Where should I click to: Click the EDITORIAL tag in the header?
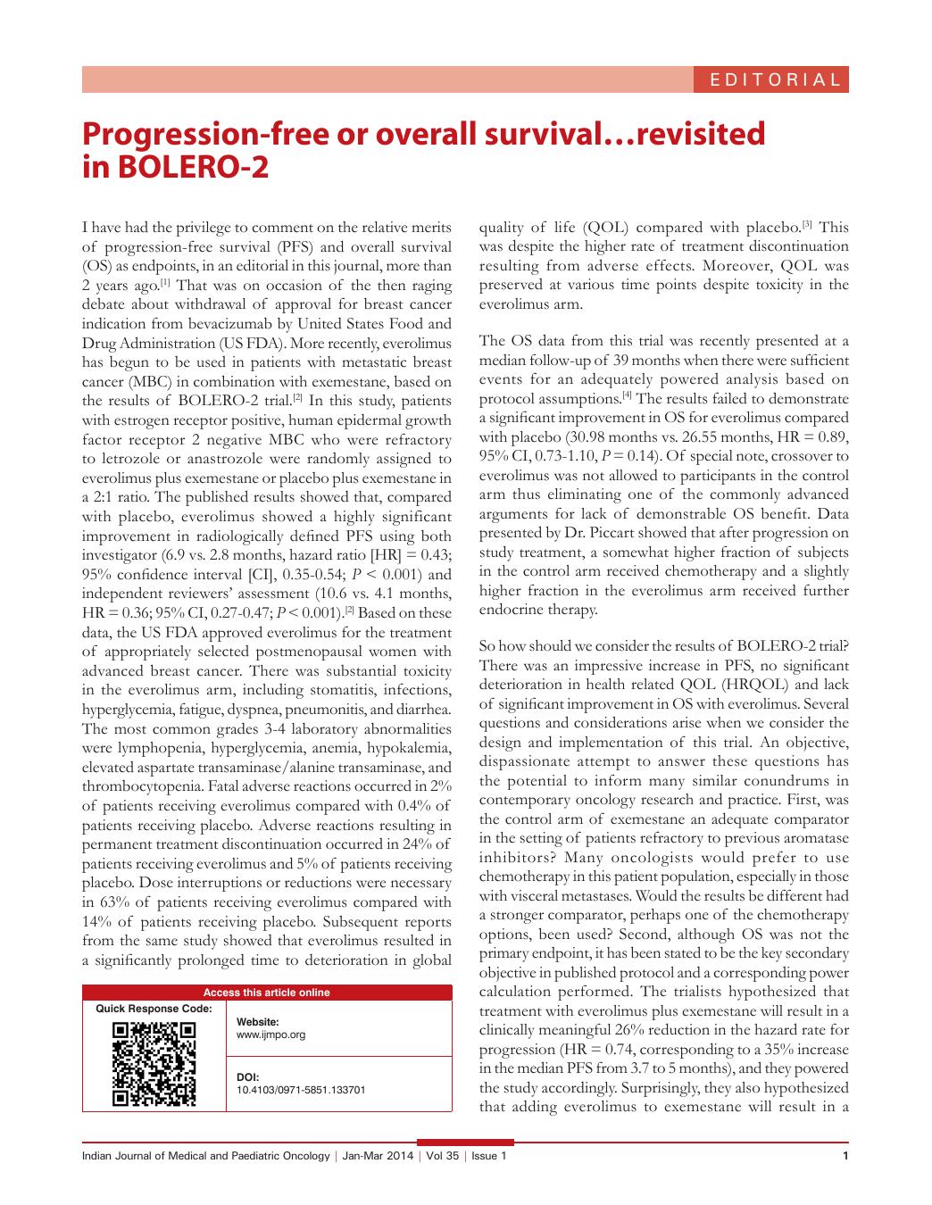pyautogui.click(x=774, y=79)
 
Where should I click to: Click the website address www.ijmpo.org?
pyautogui.click(x=270, y=1035)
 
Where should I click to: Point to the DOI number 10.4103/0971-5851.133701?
pyautogui.click(x=301, y=1090)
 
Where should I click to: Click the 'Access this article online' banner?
pyautogui.click(x=266, y=993)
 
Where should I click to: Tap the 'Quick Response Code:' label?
pyautogui.click(x=154, y=1009)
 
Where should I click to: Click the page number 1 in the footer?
pyautogui.click(x=845, y=1156)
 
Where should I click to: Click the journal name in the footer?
pyautogui.click(x=205, y=1156)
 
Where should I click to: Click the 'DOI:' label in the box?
pyautogui.click(x=247, y=1077)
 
